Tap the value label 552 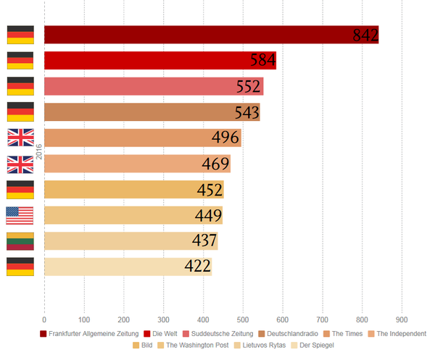pyautogui.click(x=249, y=87)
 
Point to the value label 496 pyautogui.click(x=226, y=138)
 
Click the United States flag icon pyautogui.click(x=20, y=215)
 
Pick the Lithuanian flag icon pyautogui.click(x=20, y=240)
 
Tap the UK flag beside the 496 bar pyautogui.click(x=20, y=138)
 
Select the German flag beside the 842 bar pyautogui.click(x=20, y=35)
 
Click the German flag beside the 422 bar pyautogui.click(x=20, y=267)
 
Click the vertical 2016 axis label pyautogui.click(x=38, y=151)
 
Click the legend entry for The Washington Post pyautogui.click(x=192, y=346)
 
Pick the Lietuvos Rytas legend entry pyautogui.click(x=260, y=346)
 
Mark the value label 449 pyautogui.click(x=208, y=215)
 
